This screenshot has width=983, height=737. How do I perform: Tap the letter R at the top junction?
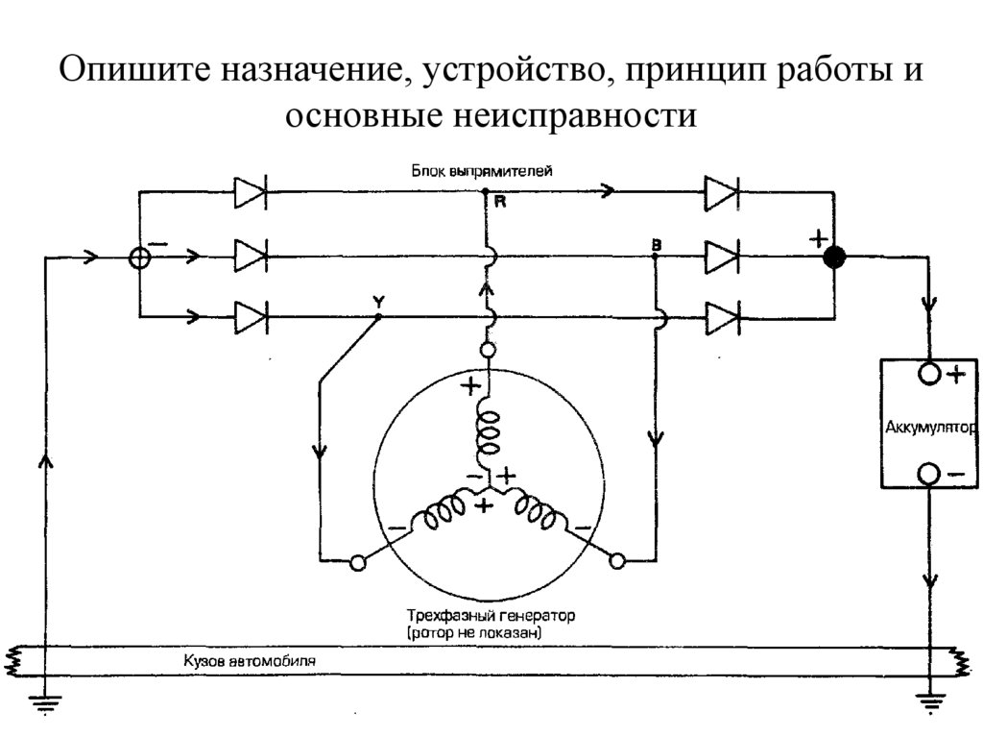coord(500,203)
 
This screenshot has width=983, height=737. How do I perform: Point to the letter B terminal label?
coord(656,246)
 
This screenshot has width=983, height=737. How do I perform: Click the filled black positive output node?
coord(835,257)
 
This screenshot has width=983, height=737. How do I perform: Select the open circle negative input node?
coord(139,257)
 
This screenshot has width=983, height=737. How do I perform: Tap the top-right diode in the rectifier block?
coord(720,193)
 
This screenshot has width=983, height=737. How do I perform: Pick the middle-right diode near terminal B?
coord(720,257)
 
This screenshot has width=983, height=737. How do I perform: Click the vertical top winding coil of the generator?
coord(488,432)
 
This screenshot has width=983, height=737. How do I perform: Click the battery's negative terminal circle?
coord(928,474)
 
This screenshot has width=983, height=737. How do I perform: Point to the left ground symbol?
coord(44,703)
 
